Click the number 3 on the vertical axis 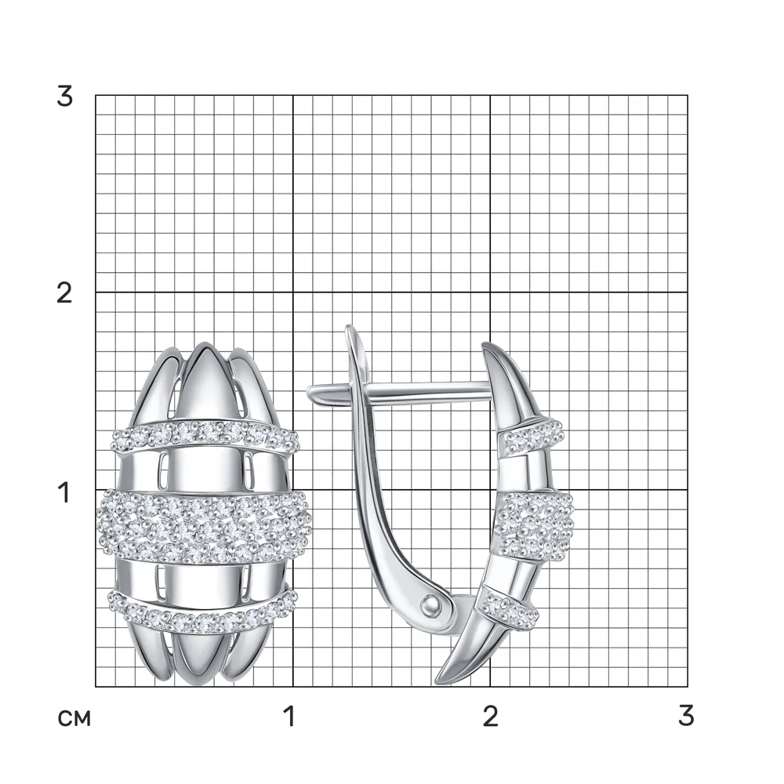(x=64, y=96)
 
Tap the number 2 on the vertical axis (x=64, y=293)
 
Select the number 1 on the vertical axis (x=64, y=492)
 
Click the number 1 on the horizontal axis (x=289, y=716)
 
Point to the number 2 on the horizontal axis (x=491, y=716)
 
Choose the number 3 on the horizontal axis (x=687, y=716)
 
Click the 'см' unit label (x=74, y=718)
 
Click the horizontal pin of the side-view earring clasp (x=399, y=391)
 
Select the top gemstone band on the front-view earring (x=205, y=437)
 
